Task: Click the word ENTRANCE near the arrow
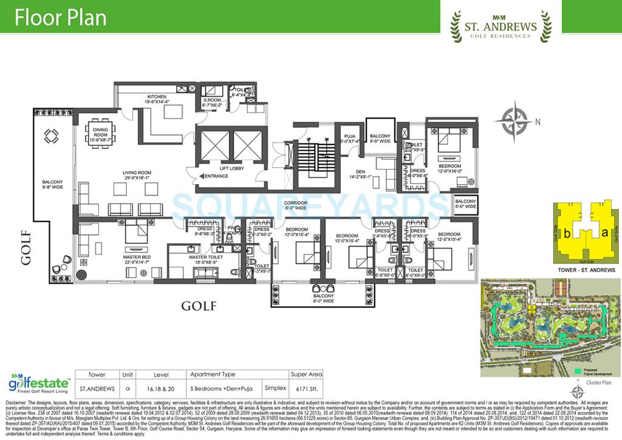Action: tap(216, 176)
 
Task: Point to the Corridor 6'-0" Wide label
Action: tap(300, 205)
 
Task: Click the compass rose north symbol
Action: tap(515, 120)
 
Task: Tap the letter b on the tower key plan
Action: tap(566, 233)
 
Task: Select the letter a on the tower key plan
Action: tap(604, 232)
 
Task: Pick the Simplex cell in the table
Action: tap(275, 387)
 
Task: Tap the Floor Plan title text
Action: tap(60, 17)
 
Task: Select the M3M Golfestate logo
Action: tap(36, 385)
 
